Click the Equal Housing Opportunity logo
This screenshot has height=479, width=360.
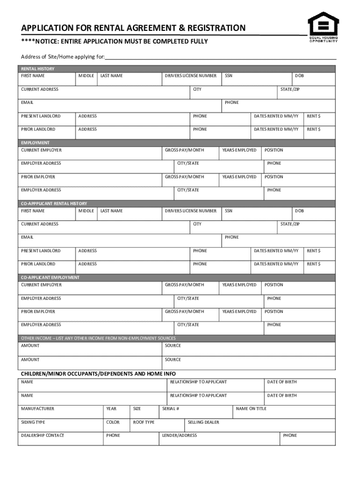322,26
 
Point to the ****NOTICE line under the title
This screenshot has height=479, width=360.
115,42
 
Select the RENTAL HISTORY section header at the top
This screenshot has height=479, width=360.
37,69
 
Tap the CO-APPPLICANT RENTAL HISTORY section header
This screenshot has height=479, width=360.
54,203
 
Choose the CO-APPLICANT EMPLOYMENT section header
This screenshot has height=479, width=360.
50,277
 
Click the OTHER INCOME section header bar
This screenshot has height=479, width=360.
98,338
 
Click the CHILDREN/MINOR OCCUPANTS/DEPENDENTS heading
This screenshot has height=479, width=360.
98,374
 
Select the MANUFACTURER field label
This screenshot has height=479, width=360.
37,409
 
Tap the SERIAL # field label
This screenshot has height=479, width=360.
171,409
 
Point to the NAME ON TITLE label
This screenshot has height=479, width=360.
251,409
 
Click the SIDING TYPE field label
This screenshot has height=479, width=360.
33,422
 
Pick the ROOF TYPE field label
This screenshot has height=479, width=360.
144,422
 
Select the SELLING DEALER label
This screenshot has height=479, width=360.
203,422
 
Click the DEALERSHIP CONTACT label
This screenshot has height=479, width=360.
43,435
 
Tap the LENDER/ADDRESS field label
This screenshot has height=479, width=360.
179,435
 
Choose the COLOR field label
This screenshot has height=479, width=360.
113,422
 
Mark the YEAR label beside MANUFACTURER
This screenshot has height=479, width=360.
111,409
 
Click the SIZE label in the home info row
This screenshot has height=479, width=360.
137,409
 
